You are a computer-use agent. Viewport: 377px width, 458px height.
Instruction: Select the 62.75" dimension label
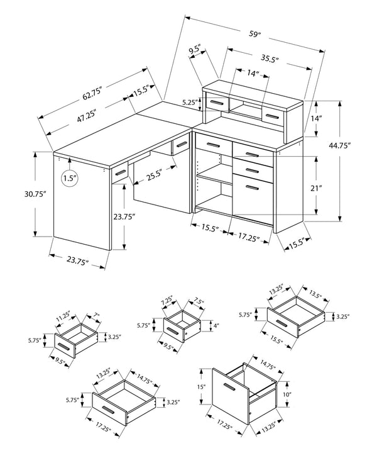coord(91,90)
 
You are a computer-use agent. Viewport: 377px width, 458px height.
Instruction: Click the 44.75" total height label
coord(356,145)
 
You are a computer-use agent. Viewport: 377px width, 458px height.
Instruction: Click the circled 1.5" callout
coord(70,179)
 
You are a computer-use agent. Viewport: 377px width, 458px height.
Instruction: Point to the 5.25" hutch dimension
coord(190,102)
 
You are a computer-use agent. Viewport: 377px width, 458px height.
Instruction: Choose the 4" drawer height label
coord(216,326)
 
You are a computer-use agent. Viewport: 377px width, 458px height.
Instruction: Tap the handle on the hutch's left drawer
coord(217,103)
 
